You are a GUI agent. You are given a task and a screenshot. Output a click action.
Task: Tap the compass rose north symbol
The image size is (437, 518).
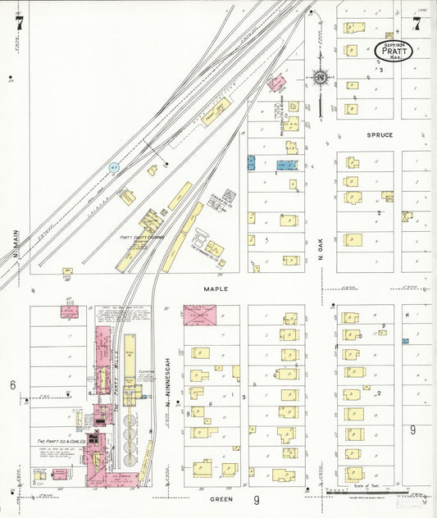coord(319,79)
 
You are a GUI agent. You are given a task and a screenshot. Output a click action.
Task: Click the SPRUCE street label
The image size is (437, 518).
coord(380,134)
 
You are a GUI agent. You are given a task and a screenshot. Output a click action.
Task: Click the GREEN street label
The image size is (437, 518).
coord(222,498)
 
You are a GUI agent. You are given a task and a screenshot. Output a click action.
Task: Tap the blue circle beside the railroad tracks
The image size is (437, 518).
coord(114,168)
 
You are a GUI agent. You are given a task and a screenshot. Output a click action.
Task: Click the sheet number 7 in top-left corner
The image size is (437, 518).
coord(18,23)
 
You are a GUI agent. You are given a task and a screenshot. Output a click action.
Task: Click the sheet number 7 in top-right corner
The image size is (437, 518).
coord(417,23)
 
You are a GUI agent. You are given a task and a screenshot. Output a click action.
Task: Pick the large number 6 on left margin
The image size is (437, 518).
coord(12,384)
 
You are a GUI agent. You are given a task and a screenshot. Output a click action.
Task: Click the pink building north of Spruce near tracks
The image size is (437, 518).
coord(277,83)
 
